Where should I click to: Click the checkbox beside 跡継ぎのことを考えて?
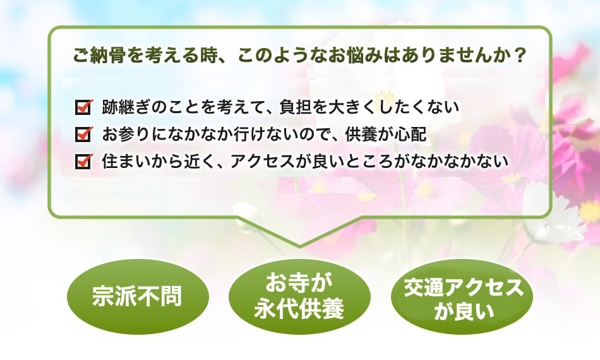(83, 107)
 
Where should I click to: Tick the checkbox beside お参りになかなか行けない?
(83, 135)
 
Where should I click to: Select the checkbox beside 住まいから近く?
(83, 161)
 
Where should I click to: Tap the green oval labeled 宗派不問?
(138, 296)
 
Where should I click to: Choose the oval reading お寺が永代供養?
(299, 296)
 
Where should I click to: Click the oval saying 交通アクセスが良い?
(462, 296)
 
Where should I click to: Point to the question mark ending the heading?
(519, 55)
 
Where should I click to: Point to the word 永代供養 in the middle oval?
(299, 309)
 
